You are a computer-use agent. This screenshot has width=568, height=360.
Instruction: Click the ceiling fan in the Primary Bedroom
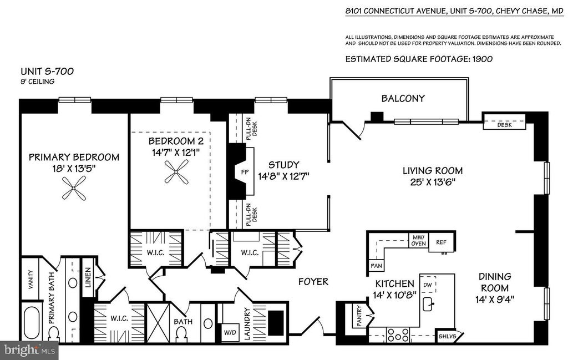tap(74, 188)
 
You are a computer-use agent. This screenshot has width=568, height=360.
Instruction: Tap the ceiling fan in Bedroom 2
tap(176, 171)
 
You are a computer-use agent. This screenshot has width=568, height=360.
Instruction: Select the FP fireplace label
tap(245, 172)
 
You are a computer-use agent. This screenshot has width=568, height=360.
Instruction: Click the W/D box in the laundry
tap(230, 332)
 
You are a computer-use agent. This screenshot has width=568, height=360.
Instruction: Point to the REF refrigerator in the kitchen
tap(442, 242)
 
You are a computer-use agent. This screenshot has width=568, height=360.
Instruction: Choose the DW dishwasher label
tap(428, 285)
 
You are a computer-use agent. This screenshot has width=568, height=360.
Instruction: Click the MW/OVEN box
tap(418, 240)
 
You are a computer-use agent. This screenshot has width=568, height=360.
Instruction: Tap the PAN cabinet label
tap(376, 266)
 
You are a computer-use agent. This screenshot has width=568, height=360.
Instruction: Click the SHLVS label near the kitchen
tap(445, 336)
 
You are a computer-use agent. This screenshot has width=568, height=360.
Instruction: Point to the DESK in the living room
tap(504, 125)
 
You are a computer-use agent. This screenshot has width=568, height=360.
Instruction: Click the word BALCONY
tap(403, 99)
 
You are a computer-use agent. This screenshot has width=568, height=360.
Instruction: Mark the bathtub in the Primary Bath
tap(31, 324)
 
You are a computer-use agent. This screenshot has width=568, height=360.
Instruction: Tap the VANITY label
tap(31, 280)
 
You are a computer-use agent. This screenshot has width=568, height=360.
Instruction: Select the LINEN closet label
tap(88, 277)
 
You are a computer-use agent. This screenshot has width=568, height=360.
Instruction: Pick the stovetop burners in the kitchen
tap(398, 336)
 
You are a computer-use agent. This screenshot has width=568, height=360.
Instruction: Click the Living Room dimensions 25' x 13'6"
tap(433, 182)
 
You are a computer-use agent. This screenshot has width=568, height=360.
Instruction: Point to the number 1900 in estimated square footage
tap(482, 59)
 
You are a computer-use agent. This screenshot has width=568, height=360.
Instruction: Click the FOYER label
tap(313, 282)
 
